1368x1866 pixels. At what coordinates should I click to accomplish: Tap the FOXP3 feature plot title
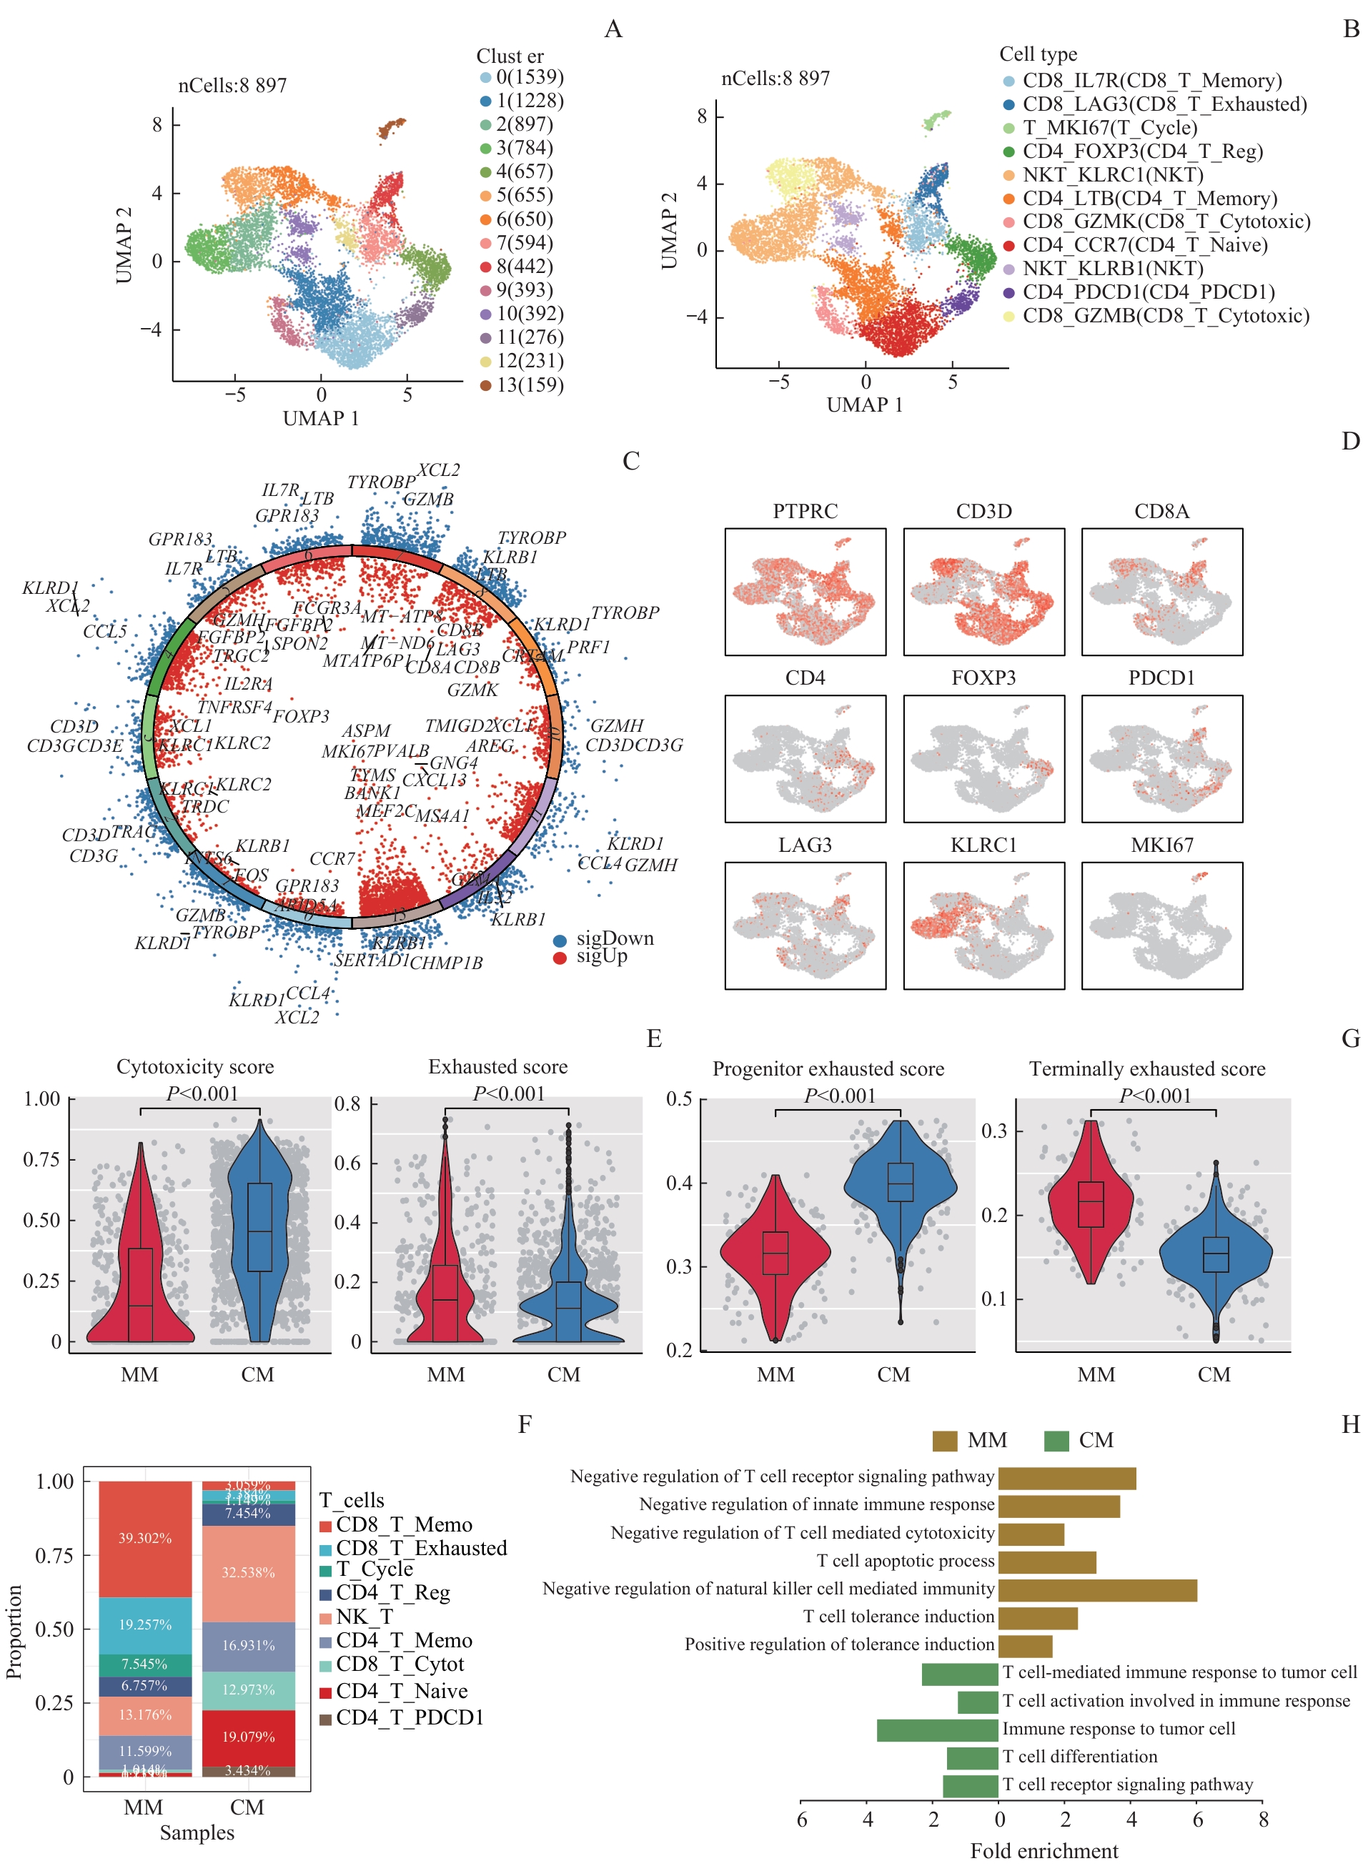point(983,678)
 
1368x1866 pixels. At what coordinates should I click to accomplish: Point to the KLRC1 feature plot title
point(983,845)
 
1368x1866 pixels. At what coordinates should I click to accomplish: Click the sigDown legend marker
point(560,941)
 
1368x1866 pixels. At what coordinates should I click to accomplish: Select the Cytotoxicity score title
point(194,1067)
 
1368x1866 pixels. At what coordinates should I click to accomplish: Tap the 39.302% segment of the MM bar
point(145,1538)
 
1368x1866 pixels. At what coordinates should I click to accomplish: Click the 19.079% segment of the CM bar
point(249,1737)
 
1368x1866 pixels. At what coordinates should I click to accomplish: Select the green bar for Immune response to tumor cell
point(938,1729)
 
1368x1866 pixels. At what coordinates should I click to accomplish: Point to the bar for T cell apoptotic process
point(1046,1562)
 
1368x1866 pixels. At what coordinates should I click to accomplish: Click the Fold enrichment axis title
point(1044,1851)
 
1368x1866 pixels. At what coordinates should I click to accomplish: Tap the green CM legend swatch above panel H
point(1056,1441)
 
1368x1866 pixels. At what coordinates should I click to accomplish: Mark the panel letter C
point(631,461)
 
